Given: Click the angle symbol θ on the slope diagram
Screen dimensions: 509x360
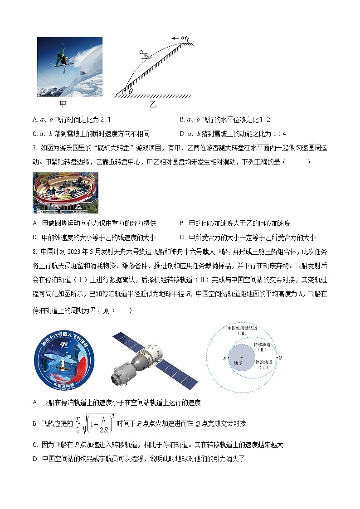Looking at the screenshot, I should [131, 91].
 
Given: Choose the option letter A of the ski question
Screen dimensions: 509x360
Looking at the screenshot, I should [35, 120].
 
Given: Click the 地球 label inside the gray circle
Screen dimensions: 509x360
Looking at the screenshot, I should [238, 363].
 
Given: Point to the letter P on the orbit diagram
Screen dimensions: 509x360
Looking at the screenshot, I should [224, 358].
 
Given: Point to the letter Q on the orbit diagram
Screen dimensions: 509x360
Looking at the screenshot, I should [280, 358].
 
